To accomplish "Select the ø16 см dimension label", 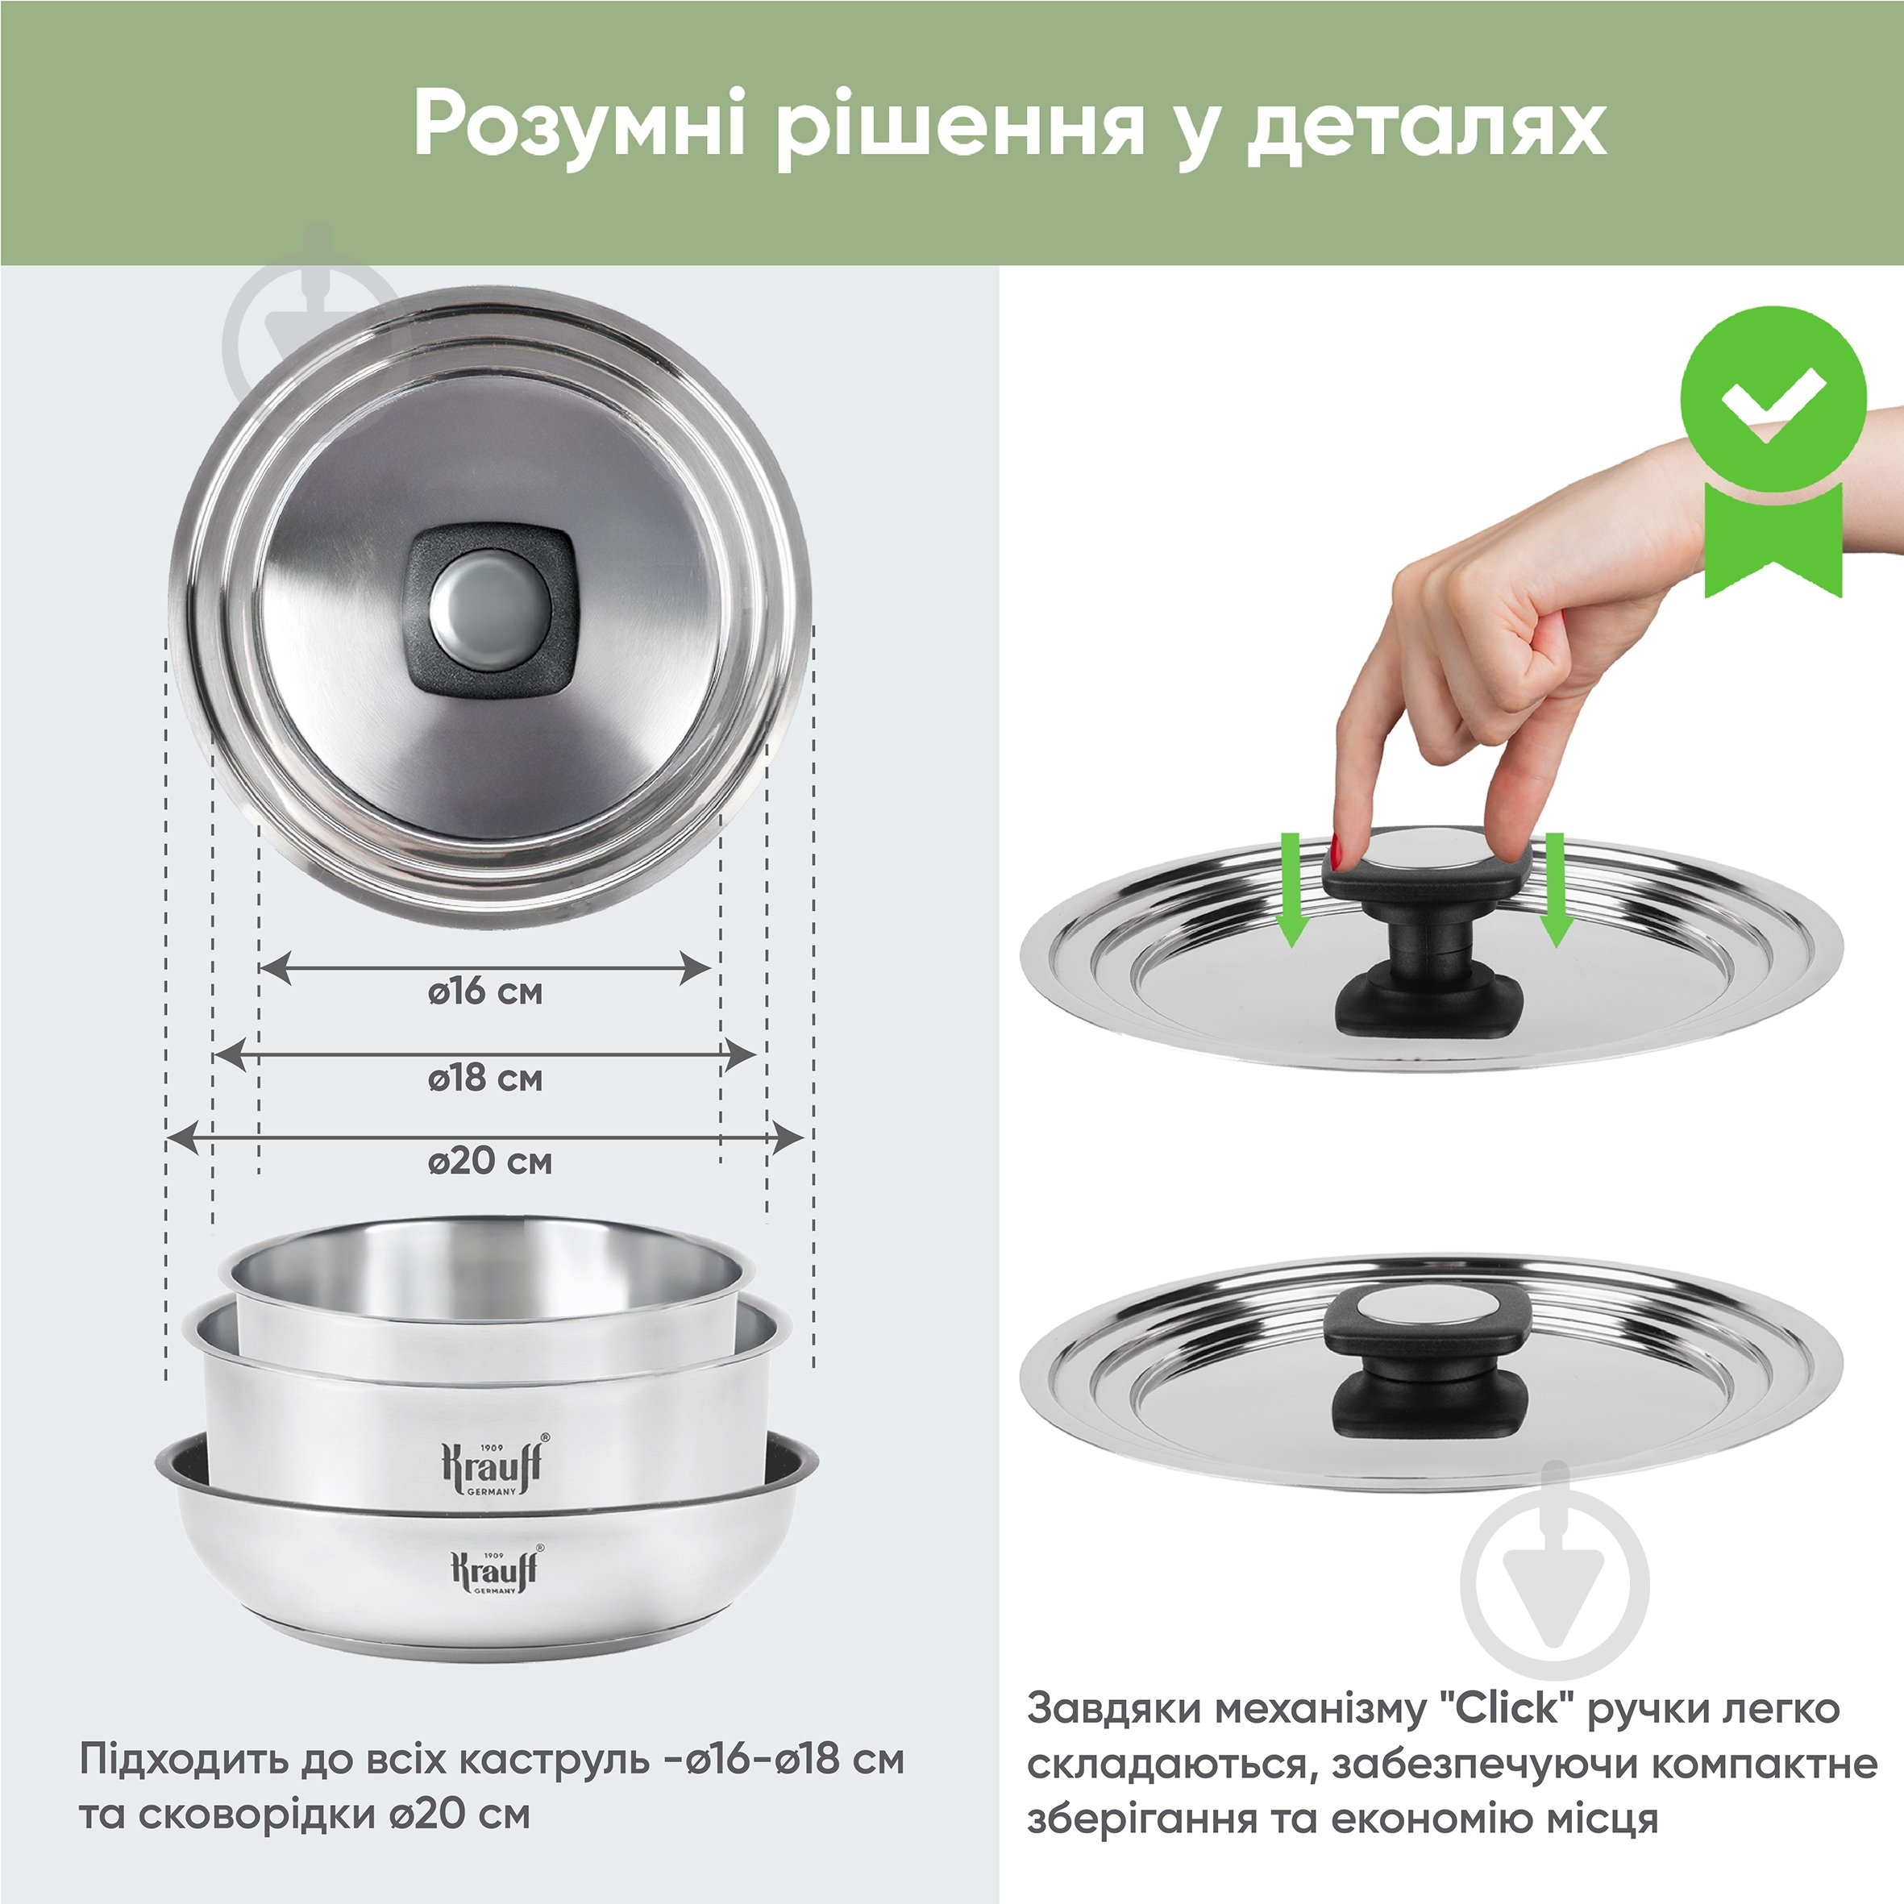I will click(x=485, y=991).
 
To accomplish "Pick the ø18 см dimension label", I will click(x=485, y=1077).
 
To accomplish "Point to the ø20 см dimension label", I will click(x=490, y=1161).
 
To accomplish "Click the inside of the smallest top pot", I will click(x=488, y=1271).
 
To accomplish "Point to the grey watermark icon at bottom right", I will click(x=1554, y=1584).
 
